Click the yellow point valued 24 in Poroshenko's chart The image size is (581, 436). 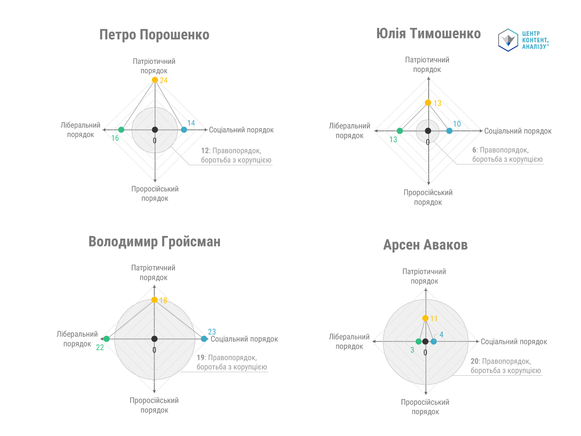155,80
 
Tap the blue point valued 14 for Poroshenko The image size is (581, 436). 184,130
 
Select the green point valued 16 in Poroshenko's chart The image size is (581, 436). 121,130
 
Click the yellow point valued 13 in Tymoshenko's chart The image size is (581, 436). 428,103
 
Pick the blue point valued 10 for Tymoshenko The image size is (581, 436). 449,131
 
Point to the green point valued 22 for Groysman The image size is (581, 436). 107,339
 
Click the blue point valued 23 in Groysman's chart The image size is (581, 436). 204,339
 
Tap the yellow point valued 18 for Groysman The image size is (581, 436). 154,300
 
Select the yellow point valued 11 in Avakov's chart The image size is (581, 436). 425,318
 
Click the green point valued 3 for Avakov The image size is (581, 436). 419,342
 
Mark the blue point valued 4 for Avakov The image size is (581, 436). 434,342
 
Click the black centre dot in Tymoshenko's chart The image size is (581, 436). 428,131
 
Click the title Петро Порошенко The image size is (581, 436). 154,35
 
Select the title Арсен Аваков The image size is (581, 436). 425,245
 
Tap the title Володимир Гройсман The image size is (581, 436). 154,242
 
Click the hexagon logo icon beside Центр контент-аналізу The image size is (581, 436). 508,40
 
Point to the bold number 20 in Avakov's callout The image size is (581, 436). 474,361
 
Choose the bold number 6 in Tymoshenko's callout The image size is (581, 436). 474,150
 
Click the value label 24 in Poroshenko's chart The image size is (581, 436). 164,81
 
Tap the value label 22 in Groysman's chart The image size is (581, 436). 100,347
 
